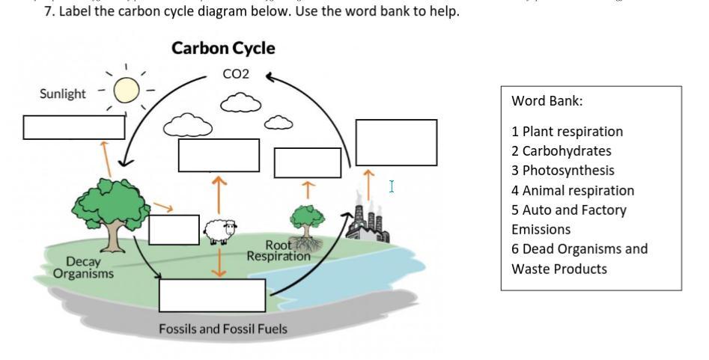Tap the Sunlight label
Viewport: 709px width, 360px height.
click(63, 94)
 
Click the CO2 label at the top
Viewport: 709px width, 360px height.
click(236, 74)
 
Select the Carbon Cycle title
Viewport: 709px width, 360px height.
click(223, 49)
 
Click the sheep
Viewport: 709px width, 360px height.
click(220, 231)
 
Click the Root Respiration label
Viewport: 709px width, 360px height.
click(279, 251)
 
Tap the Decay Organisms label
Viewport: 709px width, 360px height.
click(83, 267)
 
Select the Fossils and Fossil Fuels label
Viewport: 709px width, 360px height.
click(222, 329)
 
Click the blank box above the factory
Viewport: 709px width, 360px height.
click(396, 142)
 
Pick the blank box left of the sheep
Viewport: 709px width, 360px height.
click(174, 229)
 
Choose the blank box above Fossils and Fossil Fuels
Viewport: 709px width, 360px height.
click(212, 295)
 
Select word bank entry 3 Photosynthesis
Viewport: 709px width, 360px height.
click(562, 171)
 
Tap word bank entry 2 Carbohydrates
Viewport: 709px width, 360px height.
click(561, 151)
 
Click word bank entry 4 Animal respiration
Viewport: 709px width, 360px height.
click(573, 191)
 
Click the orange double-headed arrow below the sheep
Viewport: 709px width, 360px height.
click(219, 262)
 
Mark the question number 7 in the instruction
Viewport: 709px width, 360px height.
click(49, 12)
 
